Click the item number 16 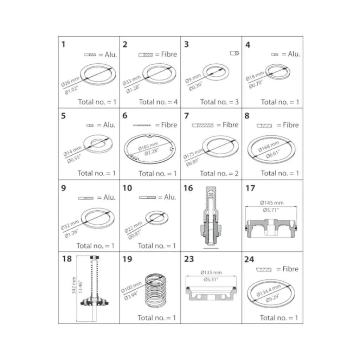click(188, 188)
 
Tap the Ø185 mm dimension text click(148, 146)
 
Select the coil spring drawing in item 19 click(156, 290)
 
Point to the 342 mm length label click(74, 285)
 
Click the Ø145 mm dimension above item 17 click(272, 203)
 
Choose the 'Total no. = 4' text click(158, 102)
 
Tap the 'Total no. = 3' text click(219, 102)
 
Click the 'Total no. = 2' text click(219, 173)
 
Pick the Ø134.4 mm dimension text click(268, 290)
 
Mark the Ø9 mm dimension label click(193, 78)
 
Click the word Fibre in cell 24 click(290, 269)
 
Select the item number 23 click(189, 259)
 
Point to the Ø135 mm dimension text click(211, 272)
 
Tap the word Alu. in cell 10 click(170, 197)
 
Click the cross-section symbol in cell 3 click(234, 53)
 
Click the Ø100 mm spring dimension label click(131, 287)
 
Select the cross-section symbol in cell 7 click(202, 126)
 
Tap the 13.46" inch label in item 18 click(81, 287)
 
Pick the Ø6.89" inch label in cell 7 click(192, 162)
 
